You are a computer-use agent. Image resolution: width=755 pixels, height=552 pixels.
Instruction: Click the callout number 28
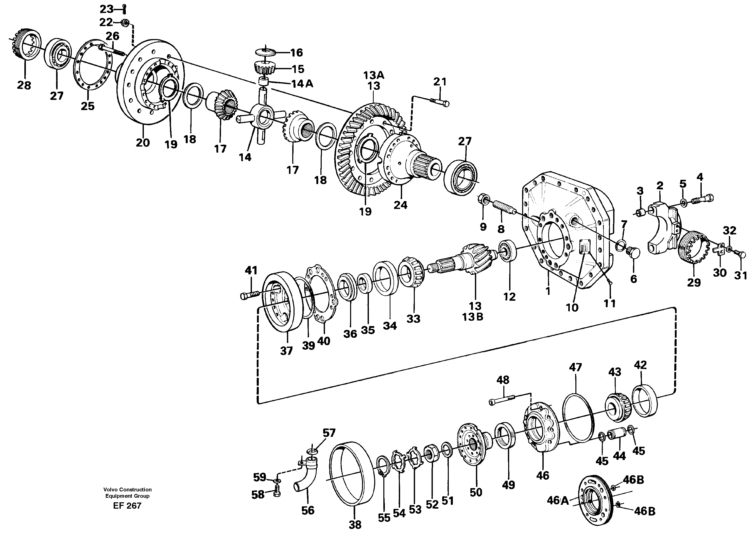pyautogui.click(x=24, y=85)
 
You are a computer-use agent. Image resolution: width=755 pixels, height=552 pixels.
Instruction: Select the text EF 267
pyautogui.click(x=127, y=506)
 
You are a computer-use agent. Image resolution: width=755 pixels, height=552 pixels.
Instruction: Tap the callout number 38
pyautogui.click(x=355, y=525)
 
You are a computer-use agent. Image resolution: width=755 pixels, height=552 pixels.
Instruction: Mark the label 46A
pyautogui.click(x=557, y=500)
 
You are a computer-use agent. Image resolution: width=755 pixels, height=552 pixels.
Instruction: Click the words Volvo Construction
pyautogui.click(x=127, y=490)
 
